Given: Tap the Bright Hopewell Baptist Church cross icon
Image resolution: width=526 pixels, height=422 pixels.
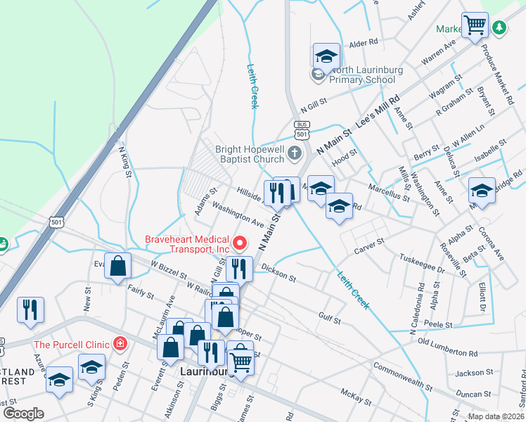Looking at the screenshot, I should [x=295, y=153].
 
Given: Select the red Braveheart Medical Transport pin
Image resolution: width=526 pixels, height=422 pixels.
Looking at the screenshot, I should [x=240, y=243].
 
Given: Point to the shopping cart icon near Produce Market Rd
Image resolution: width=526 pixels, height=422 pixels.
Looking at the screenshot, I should [x=475, y=25].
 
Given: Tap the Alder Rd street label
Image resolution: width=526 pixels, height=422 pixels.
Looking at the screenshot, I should [x=364, y=44].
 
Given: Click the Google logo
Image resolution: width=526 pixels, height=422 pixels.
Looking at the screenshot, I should [x=23, y=413].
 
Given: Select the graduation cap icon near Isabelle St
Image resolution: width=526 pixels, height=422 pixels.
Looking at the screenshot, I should [x=482, y=190].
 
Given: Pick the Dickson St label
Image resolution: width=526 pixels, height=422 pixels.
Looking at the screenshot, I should [x=278, y=273].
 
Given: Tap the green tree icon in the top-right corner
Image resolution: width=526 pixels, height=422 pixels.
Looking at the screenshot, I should [x=499, y=27].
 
